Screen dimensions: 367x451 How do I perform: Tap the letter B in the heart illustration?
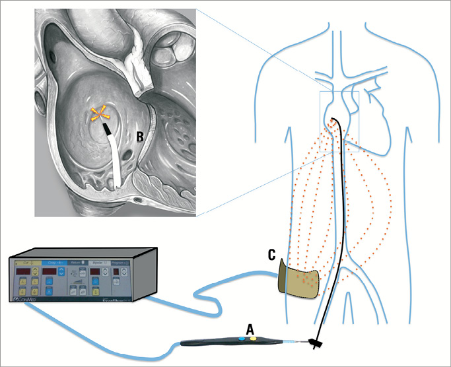pos(139,137)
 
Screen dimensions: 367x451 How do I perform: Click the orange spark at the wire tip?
pos(100,116)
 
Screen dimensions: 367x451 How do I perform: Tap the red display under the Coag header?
pos(52,272)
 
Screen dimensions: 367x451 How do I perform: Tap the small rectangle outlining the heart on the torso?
pos(339,122)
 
